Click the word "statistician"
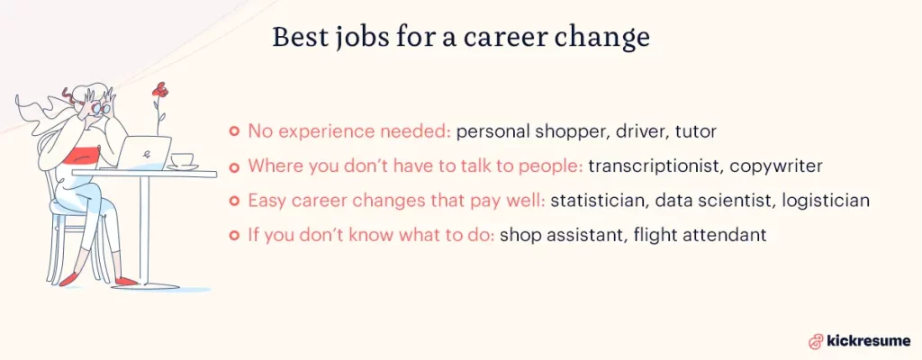click(x=594, y=200)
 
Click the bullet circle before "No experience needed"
click(x=234, y=131)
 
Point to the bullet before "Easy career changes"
click(x=234, y=200)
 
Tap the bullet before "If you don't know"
click(x=234, y=234)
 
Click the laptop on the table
click(x=146, y=152)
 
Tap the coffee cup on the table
click(x=183, y=161)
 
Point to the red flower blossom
click(x=161, y=89)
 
